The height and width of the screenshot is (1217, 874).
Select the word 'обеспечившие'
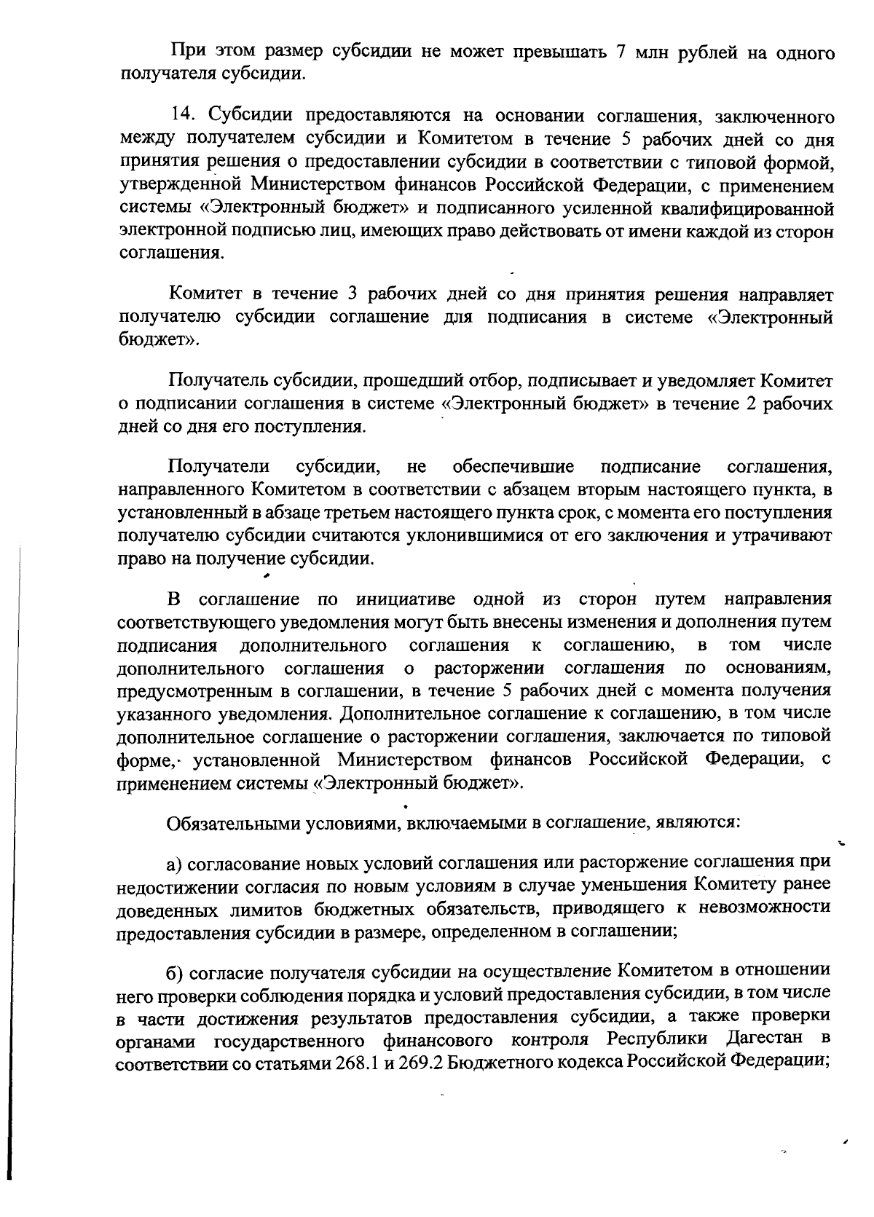[513, 467]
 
